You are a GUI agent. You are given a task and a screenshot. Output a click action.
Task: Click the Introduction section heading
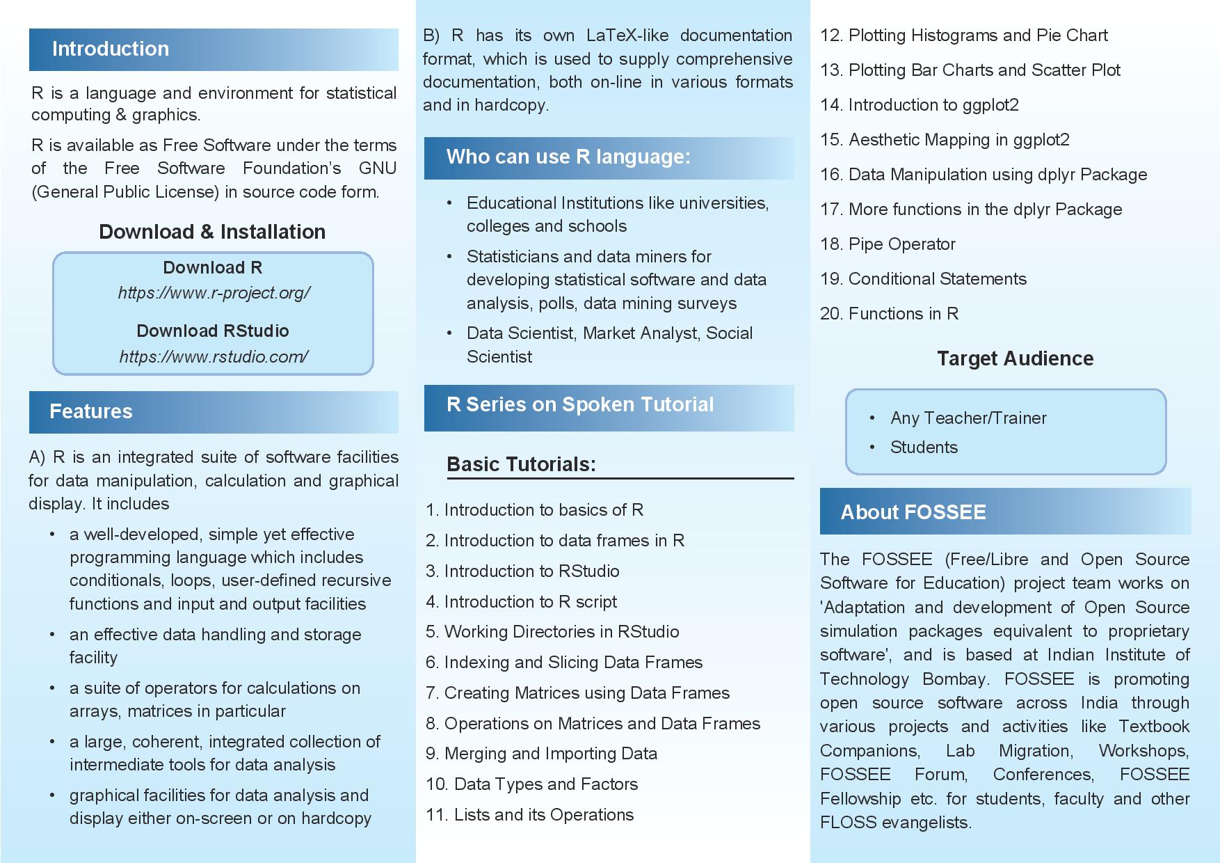click(111, 49)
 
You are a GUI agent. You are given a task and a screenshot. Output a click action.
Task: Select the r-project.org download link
click(214, 293)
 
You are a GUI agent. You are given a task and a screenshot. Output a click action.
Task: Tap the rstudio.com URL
click(214, 357)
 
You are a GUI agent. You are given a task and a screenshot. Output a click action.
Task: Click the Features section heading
click(91, 411)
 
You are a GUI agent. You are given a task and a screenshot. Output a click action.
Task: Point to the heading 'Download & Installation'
click(212, 232)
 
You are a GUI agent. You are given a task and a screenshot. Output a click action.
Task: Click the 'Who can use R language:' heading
click(568, 157)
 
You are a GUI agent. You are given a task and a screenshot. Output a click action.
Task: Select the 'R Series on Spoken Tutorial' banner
click(580, 404)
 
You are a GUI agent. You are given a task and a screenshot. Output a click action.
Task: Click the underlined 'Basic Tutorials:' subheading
click(521, 464)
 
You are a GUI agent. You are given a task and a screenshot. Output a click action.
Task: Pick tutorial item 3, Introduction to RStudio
click(522, 571)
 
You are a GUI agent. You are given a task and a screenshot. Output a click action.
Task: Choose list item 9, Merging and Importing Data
click(541, 754)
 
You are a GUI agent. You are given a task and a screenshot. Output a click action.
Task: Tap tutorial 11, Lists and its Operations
click(529, 815)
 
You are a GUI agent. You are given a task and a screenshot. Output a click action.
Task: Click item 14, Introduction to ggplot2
click(919, 105)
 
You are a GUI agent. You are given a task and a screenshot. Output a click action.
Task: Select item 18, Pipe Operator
click(888, 244)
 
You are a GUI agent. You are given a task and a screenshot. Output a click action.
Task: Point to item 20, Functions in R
click(889, 314)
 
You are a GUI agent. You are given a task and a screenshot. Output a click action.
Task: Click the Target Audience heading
click(1015, 358)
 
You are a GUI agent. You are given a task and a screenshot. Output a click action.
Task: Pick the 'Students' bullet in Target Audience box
click(924, 448)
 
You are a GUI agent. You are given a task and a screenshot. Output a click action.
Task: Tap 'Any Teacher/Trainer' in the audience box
click(968, 418)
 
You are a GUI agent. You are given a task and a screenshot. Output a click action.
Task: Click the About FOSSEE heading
click(913, 512)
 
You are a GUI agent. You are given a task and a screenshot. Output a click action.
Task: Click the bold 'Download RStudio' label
click(213, 331)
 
